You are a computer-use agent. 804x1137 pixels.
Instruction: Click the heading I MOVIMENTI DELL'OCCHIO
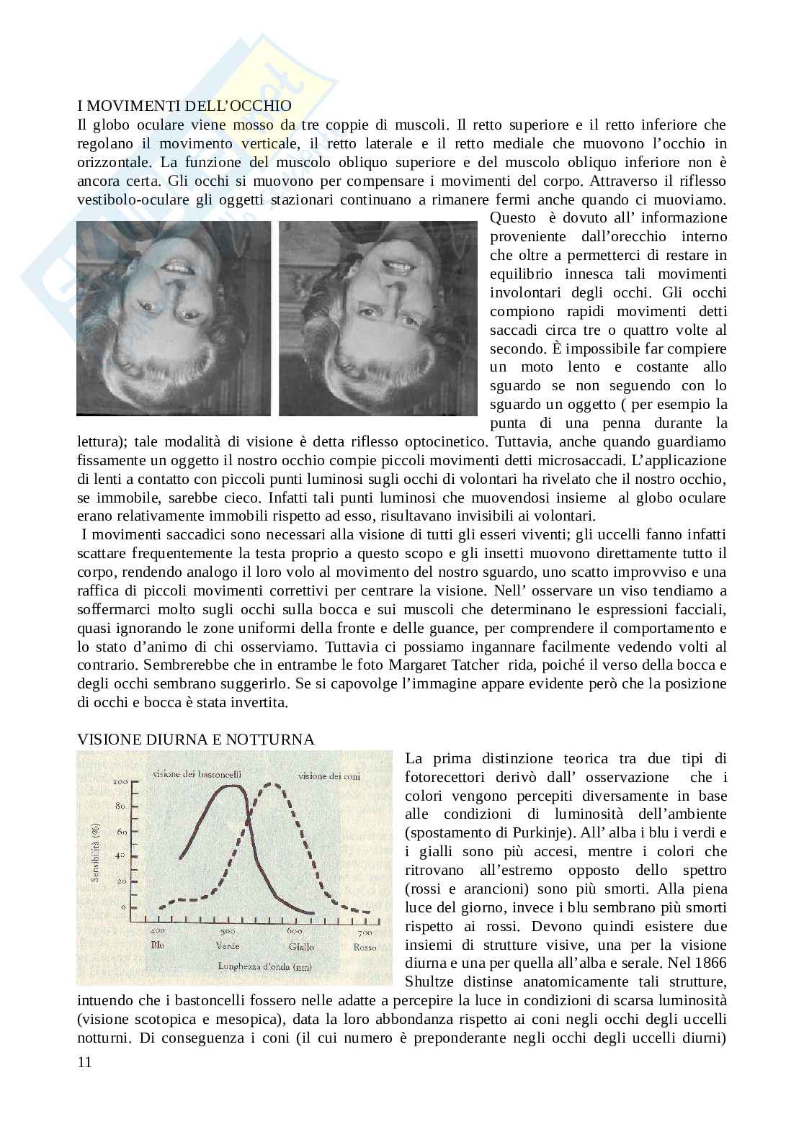click(184, 107)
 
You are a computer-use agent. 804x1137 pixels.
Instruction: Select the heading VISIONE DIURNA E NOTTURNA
click(196, 739)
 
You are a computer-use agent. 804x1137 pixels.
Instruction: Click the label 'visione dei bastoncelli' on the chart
click(197, 774)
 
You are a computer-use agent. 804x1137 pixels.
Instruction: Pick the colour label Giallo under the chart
click(302, 947)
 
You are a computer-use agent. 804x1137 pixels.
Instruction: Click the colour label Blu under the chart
click(158, 945)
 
